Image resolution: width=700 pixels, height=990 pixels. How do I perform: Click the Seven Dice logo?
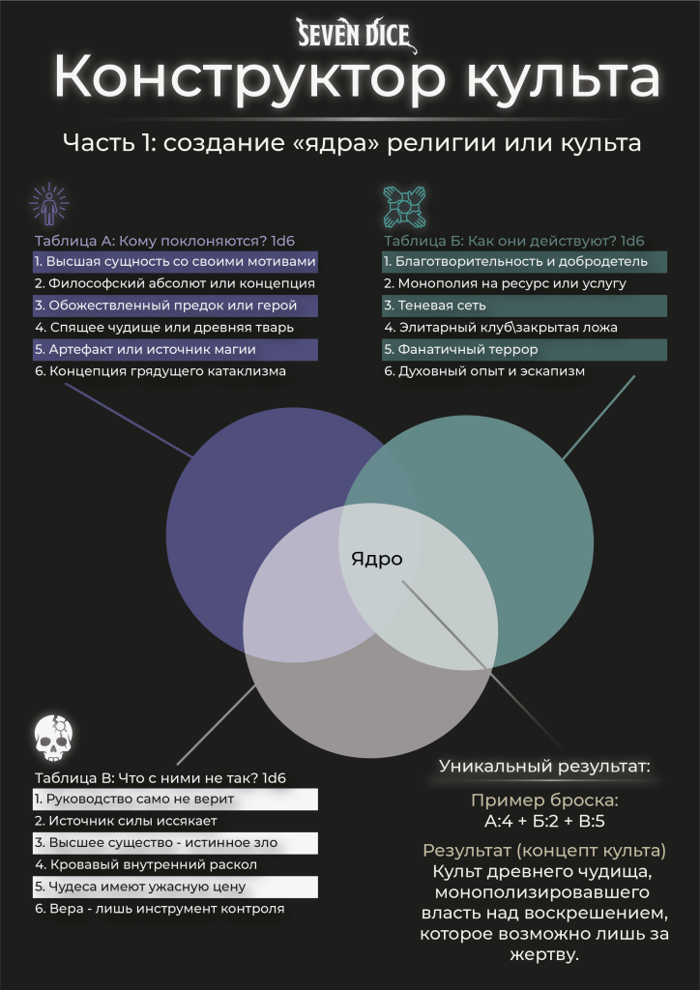point(357,36)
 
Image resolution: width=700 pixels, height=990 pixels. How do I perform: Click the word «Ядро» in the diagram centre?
point(376,560)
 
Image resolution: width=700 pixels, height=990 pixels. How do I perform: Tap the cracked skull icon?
point(53,738)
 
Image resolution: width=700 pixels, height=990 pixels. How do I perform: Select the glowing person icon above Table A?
point(49,204)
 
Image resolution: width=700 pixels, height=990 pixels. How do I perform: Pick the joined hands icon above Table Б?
point(404,206)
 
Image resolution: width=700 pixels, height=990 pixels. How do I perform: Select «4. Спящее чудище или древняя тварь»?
point(164,328)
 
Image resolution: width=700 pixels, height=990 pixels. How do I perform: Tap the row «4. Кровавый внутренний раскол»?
point(146,865)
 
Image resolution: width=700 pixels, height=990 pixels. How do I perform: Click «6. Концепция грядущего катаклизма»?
point(160,371)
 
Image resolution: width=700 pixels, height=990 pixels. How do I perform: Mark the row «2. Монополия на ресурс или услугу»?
point(505,284)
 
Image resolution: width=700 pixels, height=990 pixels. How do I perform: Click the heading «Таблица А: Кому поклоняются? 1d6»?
point(165,241)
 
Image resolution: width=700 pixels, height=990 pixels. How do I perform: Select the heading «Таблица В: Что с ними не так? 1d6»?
point(164,777)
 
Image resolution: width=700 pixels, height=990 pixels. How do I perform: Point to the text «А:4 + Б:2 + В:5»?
point(544,822)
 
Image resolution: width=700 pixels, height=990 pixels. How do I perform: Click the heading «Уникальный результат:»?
point(544,767)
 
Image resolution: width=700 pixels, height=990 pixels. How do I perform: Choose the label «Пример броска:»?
point(544,801)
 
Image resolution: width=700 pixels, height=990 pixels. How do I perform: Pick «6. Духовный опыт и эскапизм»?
point(484,371)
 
